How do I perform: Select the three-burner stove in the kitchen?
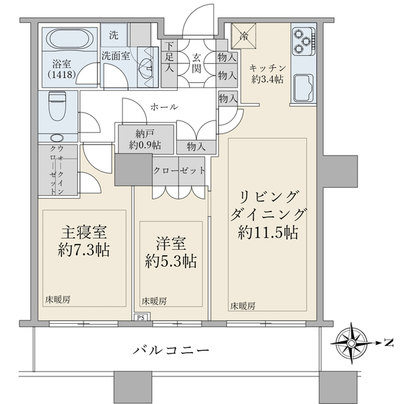(302, 42)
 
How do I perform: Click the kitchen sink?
(304, 88)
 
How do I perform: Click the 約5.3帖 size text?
(172, 261)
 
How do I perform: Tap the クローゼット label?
(178, 170)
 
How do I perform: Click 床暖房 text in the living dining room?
(243, 306)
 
